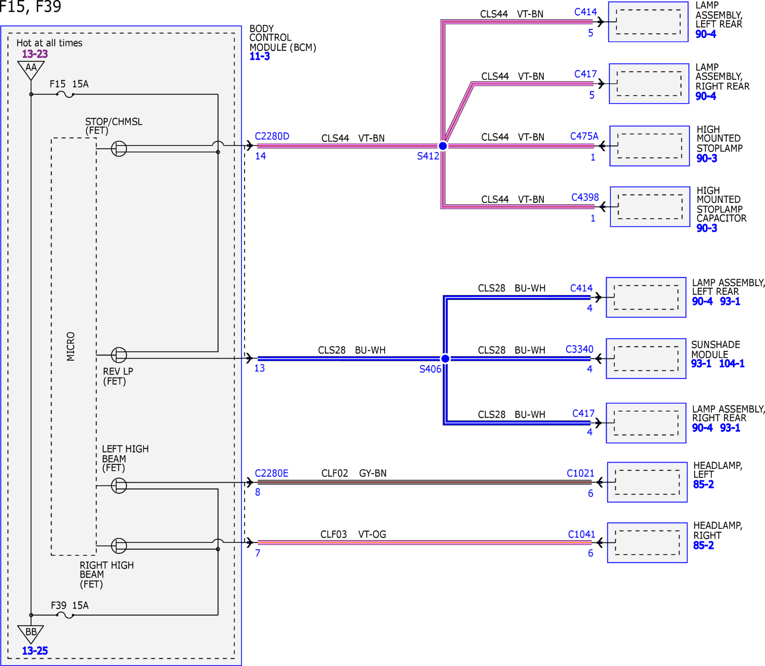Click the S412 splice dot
[x=442, y=146]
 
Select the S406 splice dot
[x=445, y=358]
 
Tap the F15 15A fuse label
[x=69, y=84]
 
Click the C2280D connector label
[x=272, y=136]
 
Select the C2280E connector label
[x=272, y=474]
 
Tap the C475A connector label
[x=584, y=136]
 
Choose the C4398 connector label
[x=585, y=197]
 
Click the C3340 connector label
[x=579, y=350]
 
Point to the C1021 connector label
[x=580, y=474]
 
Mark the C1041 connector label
[x=582, y=534]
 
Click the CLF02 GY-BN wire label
[x=354, y=474]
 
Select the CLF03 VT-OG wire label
[x=353, y=534]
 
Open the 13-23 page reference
[x=35, y=54]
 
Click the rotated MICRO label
[x=71, y=346]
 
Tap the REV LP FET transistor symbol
[x=119, y=355]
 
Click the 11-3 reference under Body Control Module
[x=260, y=56]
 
